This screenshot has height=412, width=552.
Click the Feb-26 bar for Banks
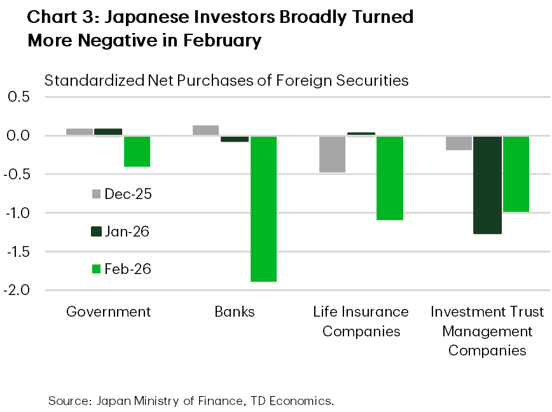pyautogui.click(x=263, y=209)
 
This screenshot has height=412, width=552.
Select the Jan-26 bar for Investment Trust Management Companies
pyautogui.click(x=488, y=185)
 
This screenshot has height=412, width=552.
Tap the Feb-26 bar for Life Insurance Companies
pyautogui.click(x=389, y=178)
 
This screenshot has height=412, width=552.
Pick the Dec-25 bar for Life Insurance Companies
pyautogui.click(x=332, y=154)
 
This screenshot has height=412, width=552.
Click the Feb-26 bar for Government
pyautogui.click(x=137, y=151)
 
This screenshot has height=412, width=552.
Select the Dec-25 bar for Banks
pyautogui.click(x=205, y=130)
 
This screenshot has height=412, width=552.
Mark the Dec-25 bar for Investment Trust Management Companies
pyautogui.click(x=459, y=143)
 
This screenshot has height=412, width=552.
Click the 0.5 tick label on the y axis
pyautogui.click(x=21, y=97)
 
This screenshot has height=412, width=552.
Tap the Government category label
pyautogui.click(x=109, y=312)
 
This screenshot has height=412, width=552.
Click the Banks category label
pyautogui.click(x=235, y=312)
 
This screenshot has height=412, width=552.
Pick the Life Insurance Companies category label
pyautogui.click(x=361, y=321)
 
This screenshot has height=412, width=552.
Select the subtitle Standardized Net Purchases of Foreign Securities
pyautogui.click(x=226, y=81)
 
